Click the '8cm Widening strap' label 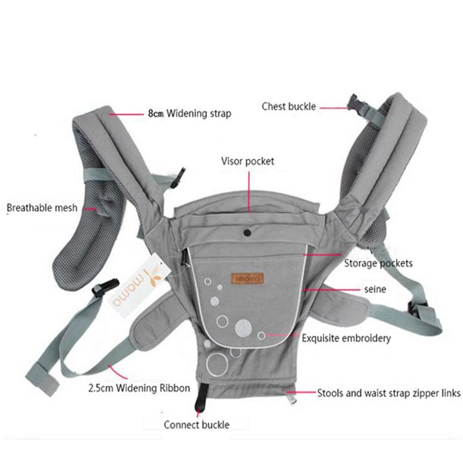coord(190,113)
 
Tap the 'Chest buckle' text coord(289,106)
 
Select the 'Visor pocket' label coord(248,161)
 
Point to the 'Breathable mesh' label coord(42,208)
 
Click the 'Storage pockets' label coord(378,263)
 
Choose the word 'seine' coord(375,289)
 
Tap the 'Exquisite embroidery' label coord(346,338)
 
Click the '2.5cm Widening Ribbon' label coord(139,388)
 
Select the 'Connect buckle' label coord(197,424)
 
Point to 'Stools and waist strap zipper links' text coord(388,393)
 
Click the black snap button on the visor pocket coord(248,233)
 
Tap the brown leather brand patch coord(248,278)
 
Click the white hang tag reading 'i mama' coord(138,285)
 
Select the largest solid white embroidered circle coord(243,328)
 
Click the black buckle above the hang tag coord(105,286)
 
